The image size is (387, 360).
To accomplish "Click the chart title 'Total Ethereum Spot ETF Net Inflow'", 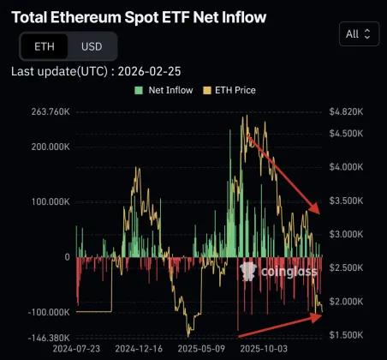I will (x=138, y=16).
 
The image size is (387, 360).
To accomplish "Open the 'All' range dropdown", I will (x=358, y=33).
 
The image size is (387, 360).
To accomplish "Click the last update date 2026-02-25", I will (x=156, y=71).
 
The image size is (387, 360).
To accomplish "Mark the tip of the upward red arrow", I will (x=324, y=315).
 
